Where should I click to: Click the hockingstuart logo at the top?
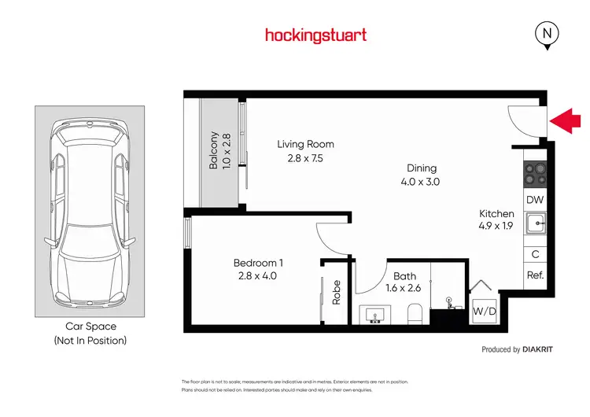pos(315,35)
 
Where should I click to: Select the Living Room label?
pos(305,144)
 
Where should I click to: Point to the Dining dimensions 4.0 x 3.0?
pos(422,182)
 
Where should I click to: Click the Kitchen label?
pos(497,213)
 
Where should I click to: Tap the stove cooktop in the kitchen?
pos(535,172)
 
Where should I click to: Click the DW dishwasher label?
pos(535,200)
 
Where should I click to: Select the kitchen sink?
pos(535,225)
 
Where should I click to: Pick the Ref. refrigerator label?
pos(535,275)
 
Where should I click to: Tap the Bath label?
pos(405,276)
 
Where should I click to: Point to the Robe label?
pos(337,292)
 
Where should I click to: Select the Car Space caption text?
pos(90,326)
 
